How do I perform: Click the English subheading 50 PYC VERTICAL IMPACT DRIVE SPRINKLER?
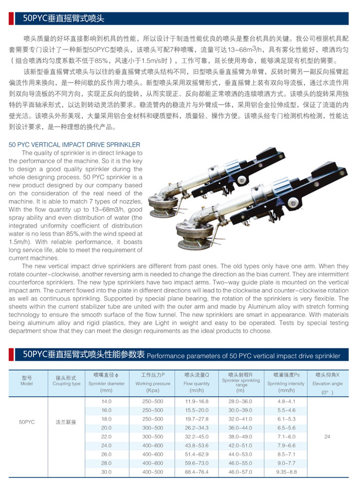pos(75,145)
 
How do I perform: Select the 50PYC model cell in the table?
pos(27,422)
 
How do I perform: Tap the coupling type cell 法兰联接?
pos(66,422)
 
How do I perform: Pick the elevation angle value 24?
pos(327,437)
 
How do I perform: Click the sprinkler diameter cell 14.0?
pos(107,401)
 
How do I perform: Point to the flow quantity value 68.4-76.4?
pos(196,472)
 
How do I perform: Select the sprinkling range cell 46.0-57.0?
pos(240,472)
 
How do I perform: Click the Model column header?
pos(27,380)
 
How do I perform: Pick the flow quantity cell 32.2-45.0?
pos(196,437)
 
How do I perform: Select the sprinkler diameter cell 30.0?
pos(107,472)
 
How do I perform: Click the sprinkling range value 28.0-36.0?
pos(240,401)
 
